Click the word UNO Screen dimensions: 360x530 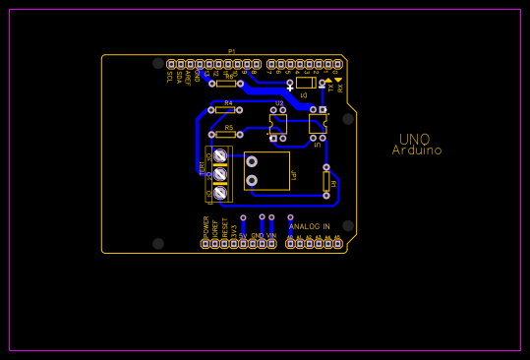tap(414, 140)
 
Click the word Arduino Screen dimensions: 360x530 tap(417, 151)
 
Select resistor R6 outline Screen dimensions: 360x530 tap(226, 84)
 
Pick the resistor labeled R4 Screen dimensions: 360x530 tap(225, 109)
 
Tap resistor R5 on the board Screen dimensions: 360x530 tap(225, 134)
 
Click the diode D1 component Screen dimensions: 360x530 tap(306, 84)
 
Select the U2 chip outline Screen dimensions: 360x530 tap(278, 123)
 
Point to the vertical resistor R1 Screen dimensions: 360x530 tap(326, 181)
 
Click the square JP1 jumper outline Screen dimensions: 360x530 tap(266, 170)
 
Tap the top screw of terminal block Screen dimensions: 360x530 tap(220, 155)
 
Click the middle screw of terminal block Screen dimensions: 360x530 tap(220, 174)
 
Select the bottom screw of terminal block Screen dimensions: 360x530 tap(220, 194)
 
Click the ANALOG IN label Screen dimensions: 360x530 tap(310, 226)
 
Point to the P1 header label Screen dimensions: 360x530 tap(232, 51)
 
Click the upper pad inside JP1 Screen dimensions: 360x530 tap(252, 161)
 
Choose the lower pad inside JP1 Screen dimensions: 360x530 tap(252, 180)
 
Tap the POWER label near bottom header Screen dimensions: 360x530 tap(206, 225)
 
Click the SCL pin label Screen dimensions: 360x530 tap(169, 77)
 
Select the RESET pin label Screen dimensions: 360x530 tap(224, 227)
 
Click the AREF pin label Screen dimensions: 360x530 tap(188, 78)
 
